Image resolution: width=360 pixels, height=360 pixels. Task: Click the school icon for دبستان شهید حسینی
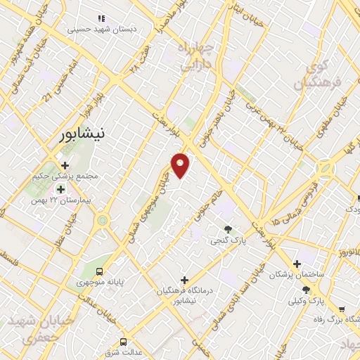click(x=101, y=18)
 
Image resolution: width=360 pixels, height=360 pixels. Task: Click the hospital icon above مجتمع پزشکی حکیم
click(x=65, y=165)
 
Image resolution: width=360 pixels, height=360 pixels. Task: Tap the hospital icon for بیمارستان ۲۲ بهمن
click(x=60, y=189)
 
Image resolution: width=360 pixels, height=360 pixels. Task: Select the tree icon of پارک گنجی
click(x=228, y=229)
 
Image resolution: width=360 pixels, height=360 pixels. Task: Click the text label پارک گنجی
click(x=228, y=240)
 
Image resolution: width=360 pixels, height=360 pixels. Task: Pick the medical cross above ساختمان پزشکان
click(x=297, y=262)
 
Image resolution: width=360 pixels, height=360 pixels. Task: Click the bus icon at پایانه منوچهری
click(x=100, y=270)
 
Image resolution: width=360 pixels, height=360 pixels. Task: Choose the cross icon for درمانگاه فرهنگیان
click(x=184, y=280)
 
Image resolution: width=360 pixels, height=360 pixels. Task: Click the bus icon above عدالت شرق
click(x=123, y=340)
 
